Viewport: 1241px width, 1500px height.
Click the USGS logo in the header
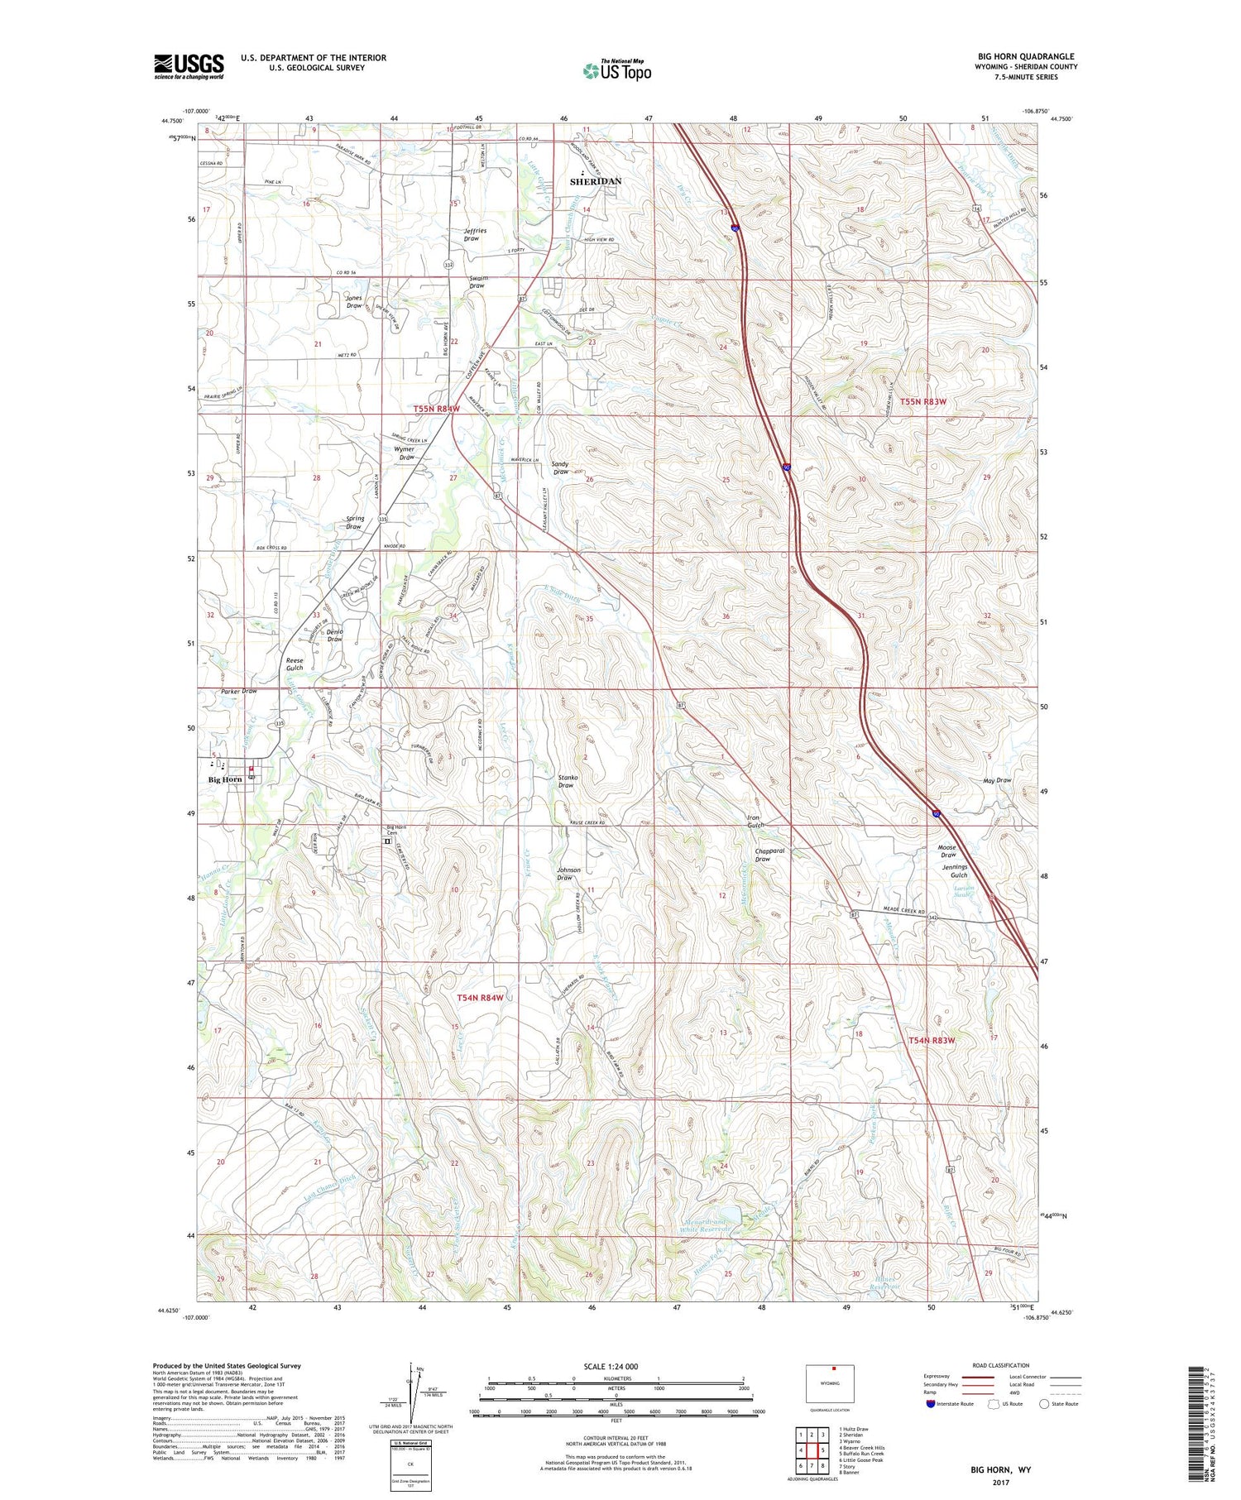tap(189, 66)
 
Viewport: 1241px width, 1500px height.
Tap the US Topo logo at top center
tap(616, 70)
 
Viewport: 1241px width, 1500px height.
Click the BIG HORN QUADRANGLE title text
tap(1026, 56)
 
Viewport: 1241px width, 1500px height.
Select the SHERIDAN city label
tap(595, 180)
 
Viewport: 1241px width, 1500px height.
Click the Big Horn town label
tap(224, 779)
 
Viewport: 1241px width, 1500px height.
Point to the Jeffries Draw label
tap(475, 235)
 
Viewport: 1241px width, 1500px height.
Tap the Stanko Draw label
tap(567, 781)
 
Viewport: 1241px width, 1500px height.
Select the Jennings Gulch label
tap(954, 871)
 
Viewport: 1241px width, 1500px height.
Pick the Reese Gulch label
tap(295, 664)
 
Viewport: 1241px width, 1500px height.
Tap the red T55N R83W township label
tap(922, 401)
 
